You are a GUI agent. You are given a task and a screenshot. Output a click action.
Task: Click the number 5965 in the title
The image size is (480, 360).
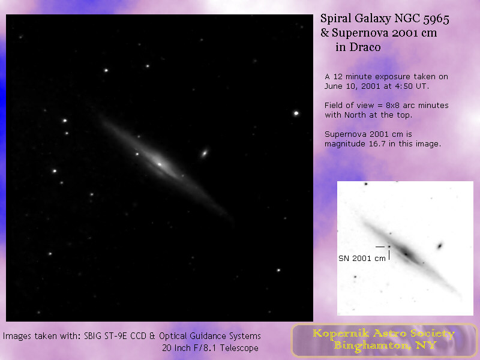click(436, 19)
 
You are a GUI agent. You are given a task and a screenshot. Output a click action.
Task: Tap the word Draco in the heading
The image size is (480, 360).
click(365, 47)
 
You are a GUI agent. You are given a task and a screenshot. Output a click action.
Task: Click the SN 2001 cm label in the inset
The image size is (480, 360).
click(362, 259)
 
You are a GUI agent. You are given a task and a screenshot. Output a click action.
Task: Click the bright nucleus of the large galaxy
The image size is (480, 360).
click(159, 164)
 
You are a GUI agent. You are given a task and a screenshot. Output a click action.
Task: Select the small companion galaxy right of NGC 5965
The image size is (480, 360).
click(205, 153)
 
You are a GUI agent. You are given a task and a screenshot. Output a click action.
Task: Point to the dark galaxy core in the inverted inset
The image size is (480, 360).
click(406, 253)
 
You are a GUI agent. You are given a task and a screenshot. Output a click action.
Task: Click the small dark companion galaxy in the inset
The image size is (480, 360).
click(440, 245)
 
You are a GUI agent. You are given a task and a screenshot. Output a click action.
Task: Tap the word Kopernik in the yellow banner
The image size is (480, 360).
click(341, 334)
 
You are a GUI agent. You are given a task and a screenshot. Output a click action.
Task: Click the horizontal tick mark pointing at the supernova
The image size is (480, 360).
click(380, 247)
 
